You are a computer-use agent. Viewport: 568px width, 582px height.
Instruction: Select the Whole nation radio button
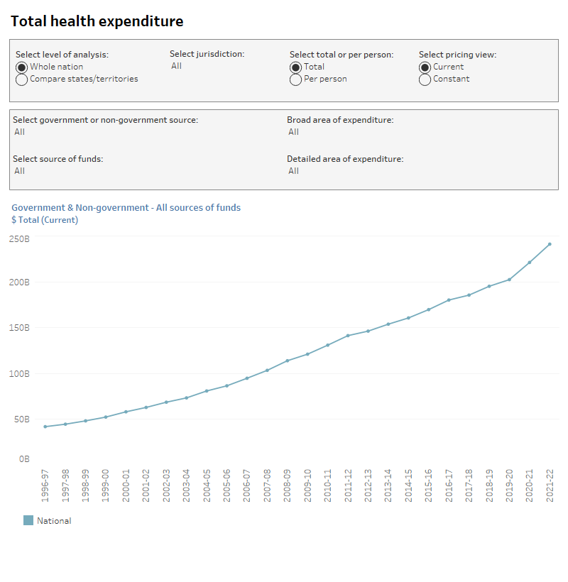(22, 67)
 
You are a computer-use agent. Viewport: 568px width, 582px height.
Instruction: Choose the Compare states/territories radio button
(22, 79)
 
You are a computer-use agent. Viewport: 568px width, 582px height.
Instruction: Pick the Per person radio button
(296, 79)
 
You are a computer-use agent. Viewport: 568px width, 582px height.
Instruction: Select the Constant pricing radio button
(425, 79)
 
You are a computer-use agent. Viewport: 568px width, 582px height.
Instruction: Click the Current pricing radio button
(425, 67)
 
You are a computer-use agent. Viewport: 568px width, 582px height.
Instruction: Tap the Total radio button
(296, 67)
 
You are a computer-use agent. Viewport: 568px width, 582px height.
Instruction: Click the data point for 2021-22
(550, 244)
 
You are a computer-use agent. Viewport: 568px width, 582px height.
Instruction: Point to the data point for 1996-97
(45, 427)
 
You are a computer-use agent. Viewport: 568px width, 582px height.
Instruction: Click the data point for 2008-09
(288, 361)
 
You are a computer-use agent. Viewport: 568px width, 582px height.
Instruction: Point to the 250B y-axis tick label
(19, 238)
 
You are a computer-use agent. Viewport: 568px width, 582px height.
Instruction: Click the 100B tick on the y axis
(19, 373)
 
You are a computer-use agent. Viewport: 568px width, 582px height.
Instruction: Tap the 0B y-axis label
(24, 459)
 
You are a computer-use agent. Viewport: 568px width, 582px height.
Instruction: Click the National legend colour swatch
(28, 520)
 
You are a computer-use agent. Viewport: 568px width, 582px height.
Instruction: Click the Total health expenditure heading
(97, 21)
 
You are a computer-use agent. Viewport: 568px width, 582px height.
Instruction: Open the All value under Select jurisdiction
(176, 66)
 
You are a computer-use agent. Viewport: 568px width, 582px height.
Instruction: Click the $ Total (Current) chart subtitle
(45, 220)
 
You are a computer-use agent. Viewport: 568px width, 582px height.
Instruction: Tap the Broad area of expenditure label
(340, 120)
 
